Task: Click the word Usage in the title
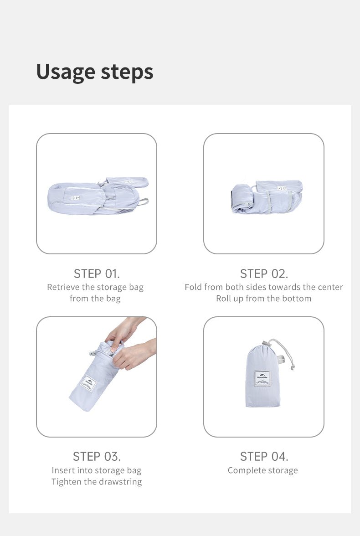coord(65,72)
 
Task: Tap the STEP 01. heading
coord(97,274)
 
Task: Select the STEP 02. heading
coord(264,274)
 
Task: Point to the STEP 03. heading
coord(97,456)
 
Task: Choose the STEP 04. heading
coord(264,456)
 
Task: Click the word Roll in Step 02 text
coord(224,299)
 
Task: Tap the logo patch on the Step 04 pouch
coord(262,378)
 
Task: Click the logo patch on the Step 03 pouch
coord(88,383)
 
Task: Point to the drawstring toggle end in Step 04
coord(293,367)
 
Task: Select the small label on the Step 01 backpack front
coord(76,198)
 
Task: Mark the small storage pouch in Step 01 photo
coord(127,182)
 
